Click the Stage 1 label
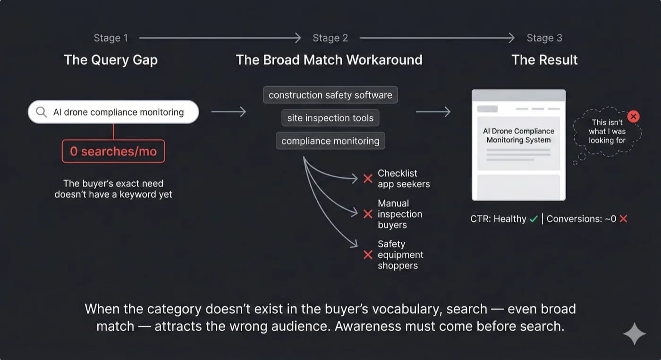110,38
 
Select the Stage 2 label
330,38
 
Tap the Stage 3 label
544,38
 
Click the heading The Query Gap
110,60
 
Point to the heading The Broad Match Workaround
329,60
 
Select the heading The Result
544,60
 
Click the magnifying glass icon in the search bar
42,112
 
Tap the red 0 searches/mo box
113,151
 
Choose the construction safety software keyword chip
330,95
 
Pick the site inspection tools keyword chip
330,118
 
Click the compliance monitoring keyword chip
330,141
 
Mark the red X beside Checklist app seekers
368,179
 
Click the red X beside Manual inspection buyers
368,214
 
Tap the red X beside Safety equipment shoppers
368,255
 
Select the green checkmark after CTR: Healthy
534,219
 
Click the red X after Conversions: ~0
623,219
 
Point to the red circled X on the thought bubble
634,116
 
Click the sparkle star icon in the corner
634,334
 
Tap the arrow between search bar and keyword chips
229,112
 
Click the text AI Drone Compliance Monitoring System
518,135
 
